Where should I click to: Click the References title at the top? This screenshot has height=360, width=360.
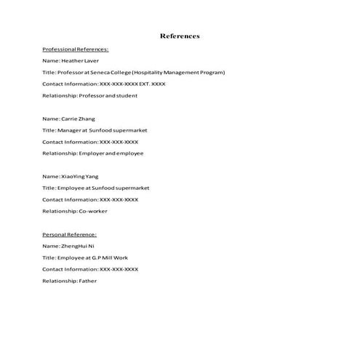180,36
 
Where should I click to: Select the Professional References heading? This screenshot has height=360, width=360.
76,49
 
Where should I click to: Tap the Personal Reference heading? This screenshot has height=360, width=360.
69,235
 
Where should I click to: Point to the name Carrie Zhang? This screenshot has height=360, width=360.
78,119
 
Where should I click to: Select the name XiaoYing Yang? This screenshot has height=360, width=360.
81,177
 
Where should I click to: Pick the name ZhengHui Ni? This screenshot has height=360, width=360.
78,247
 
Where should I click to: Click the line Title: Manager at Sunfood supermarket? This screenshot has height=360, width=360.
95,130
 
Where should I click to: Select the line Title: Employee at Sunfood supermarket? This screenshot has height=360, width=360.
95,188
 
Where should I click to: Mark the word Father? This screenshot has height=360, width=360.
87,281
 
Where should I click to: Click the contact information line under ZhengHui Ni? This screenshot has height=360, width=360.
90,270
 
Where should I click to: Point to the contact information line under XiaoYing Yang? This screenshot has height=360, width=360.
90,200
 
